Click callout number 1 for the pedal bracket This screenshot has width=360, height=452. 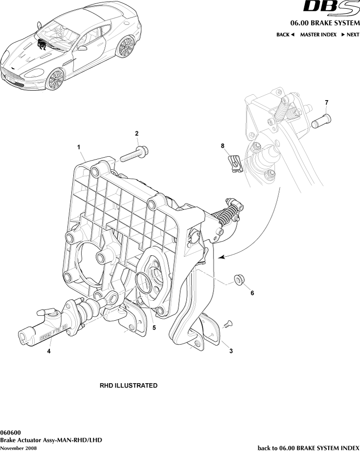(78, 146)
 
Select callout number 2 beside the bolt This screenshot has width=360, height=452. (137, 133)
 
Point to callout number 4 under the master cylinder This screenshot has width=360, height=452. (49, 350)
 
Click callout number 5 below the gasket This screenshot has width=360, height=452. (154, 328)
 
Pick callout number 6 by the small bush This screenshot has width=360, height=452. (252, 293)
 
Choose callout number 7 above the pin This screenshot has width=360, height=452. (326, 102)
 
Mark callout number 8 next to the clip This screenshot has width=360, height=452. (222, 145)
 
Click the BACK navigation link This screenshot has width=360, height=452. (285, 35)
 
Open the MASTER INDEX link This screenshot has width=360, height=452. (318, 35)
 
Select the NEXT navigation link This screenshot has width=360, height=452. (350, 35)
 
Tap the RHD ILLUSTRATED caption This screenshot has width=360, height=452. (128, 386)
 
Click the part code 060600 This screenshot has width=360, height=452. (10, 432)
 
